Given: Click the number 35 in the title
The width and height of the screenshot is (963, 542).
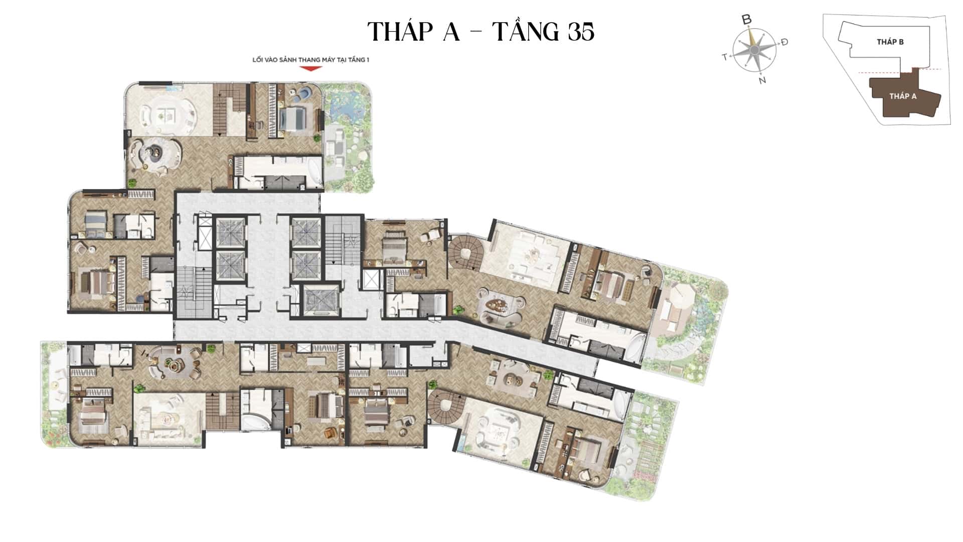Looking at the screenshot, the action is point(581,32).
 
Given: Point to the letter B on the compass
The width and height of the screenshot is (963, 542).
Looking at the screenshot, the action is point(747,20).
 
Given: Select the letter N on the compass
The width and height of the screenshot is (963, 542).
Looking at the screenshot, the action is point(762,80).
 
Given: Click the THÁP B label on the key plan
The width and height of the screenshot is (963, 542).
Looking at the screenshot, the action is point(890,42).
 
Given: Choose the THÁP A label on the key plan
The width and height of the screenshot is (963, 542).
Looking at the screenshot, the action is point(903,96).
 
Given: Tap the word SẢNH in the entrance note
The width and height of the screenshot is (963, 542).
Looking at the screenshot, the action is point(287,60).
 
